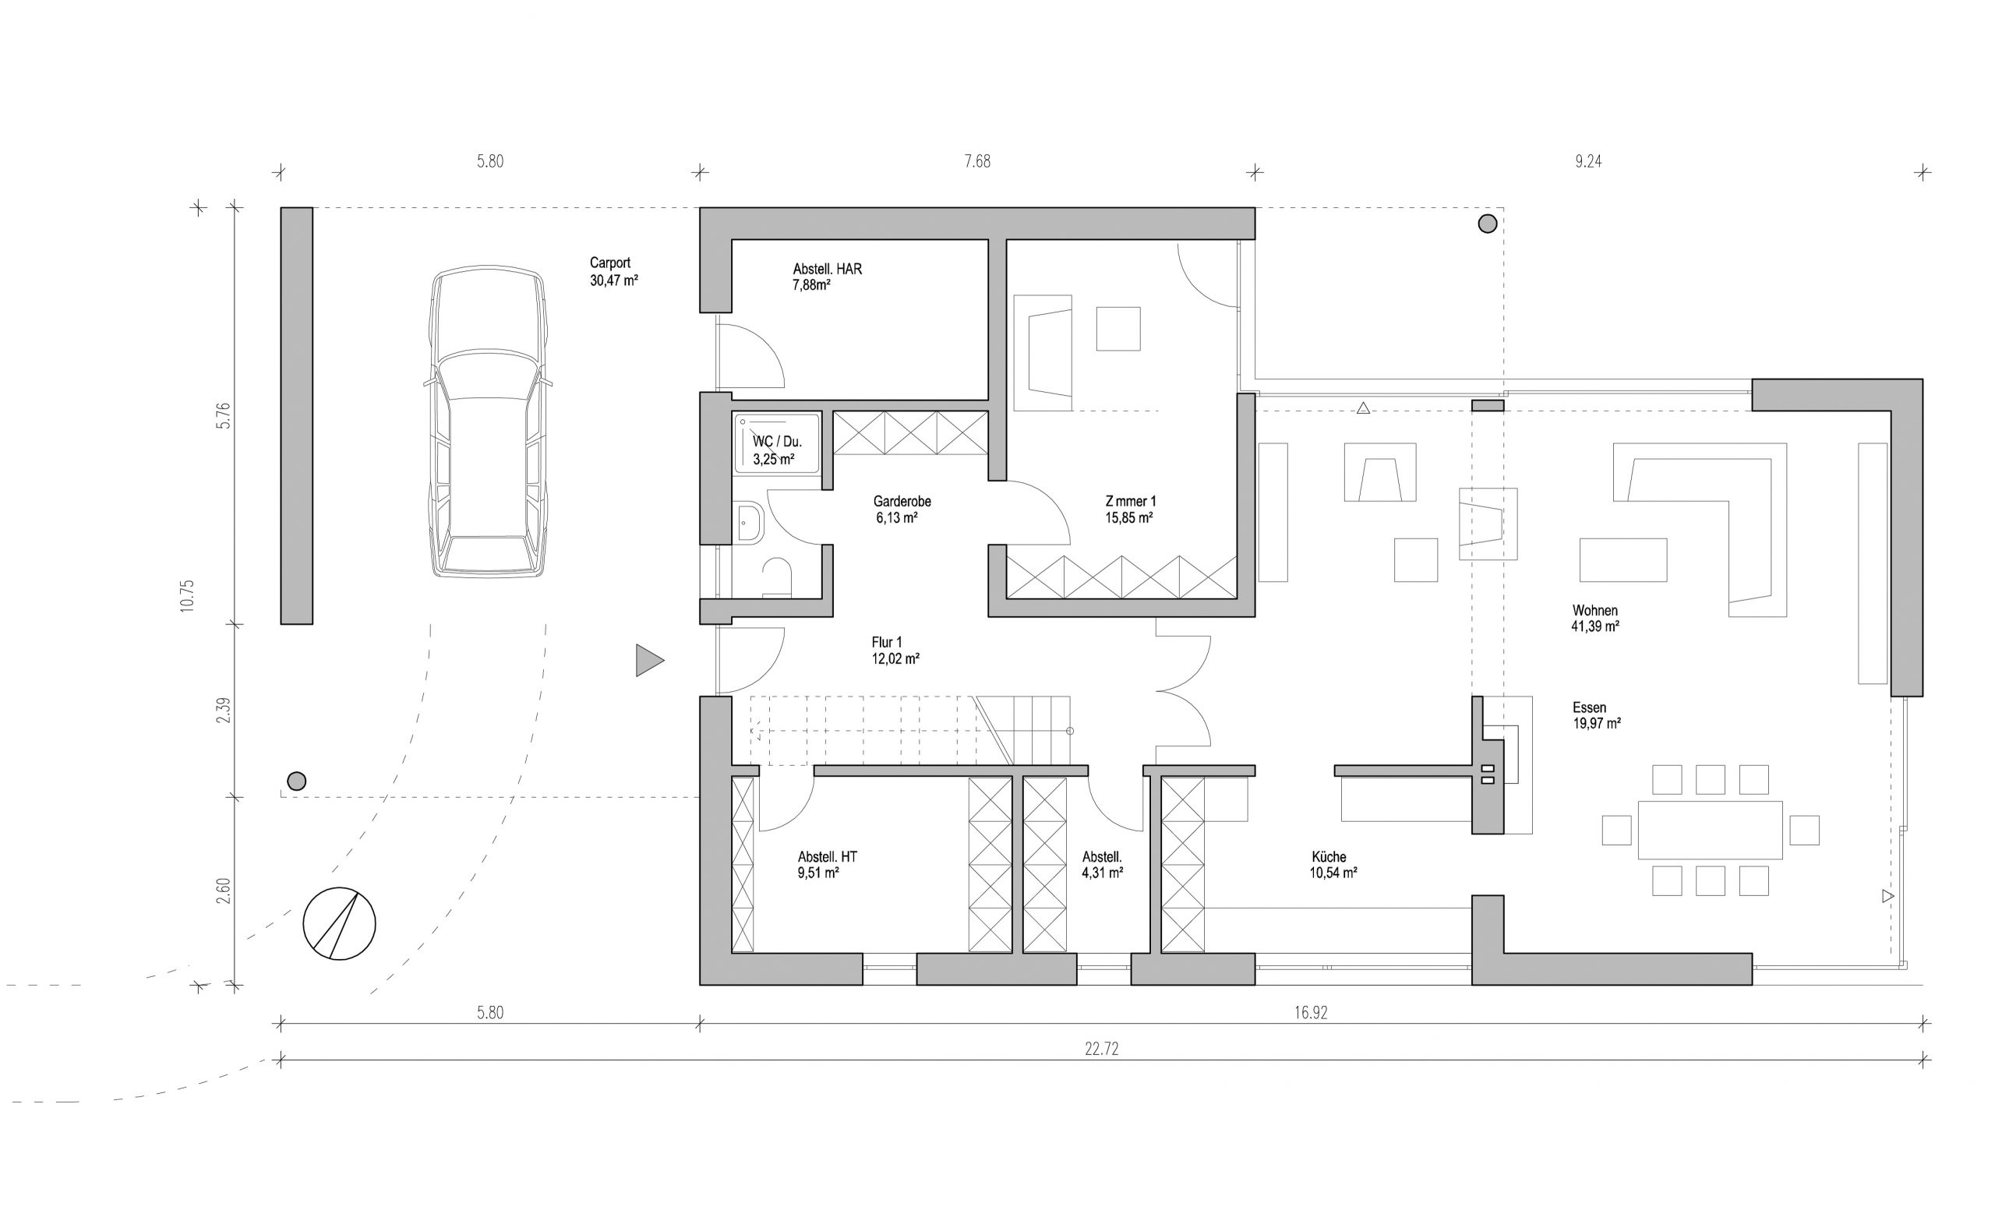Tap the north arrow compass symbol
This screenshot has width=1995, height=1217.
[x=339, y=923]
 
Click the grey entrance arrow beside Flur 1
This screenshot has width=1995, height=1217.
[x=649, y=660]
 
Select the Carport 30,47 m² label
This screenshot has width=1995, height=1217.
[x=614, y=272]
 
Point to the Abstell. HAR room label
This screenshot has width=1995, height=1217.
[x=827, y=277]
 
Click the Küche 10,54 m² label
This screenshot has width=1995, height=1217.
[x=1333, y=865]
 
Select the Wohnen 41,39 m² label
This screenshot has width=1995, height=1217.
[x=1595, y=619]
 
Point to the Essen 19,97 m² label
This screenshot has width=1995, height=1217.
[x=1596, y=716]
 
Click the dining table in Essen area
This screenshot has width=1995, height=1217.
[x=1710, y=830]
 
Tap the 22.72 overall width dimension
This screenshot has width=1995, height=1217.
[x=1101, y=1049]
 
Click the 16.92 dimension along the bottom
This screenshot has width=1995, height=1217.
[x=1310, y=1013]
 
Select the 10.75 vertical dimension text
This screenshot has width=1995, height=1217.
[x=188, y=596]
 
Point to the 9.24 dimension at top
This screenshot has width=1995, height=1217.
[x=1587, y=161]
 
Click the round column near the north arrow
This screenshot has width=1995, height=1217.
[x=296, y=781]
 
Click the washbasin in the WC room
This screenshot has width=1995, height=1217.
[x=750, y=523]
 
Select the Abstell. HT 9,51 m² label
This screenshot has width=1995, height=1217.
[x=827, y=865]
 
